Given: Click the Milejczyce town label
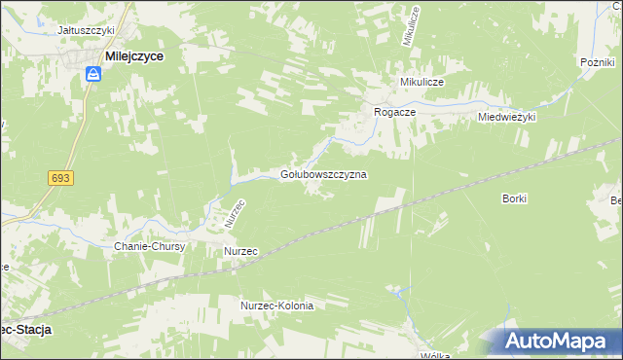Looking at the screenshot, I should click(134, 57).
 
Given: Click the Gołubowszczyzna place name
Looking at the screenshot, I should click(323, 175).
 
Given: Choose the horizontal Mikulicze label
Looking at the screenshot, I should click(420, 83).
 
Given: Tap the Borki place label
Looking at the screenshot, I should click(514, 198).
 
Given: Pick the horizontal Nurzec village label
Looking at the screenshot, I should click(240, 251).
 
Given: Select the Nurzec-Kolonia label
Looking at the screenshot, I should click(277, 306).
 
